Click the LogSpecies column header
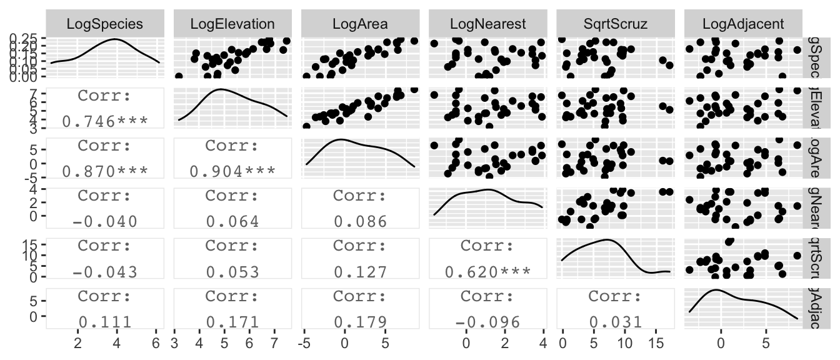coord(105,24)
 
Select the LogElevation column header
coord(232,24)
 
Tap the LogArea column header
coord(360,24)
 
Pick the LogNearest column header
coord(487,24)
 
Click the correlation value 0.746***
coord(105,121)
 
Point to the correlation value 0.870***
coord(105,171)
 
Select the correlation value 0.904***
coord(232,171)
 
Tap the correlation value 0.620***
coord(487,271)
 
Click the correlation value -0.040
coord(105,221)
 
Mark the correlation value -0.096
coord(487,321)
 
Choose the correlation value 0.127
coord(360,271)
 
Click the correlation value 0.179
coord(360,321)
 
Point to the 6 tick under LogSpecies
coord(156,342)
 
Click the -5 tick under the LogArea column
coord(304,342)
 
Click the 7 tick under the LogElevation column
coord(274,342)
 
